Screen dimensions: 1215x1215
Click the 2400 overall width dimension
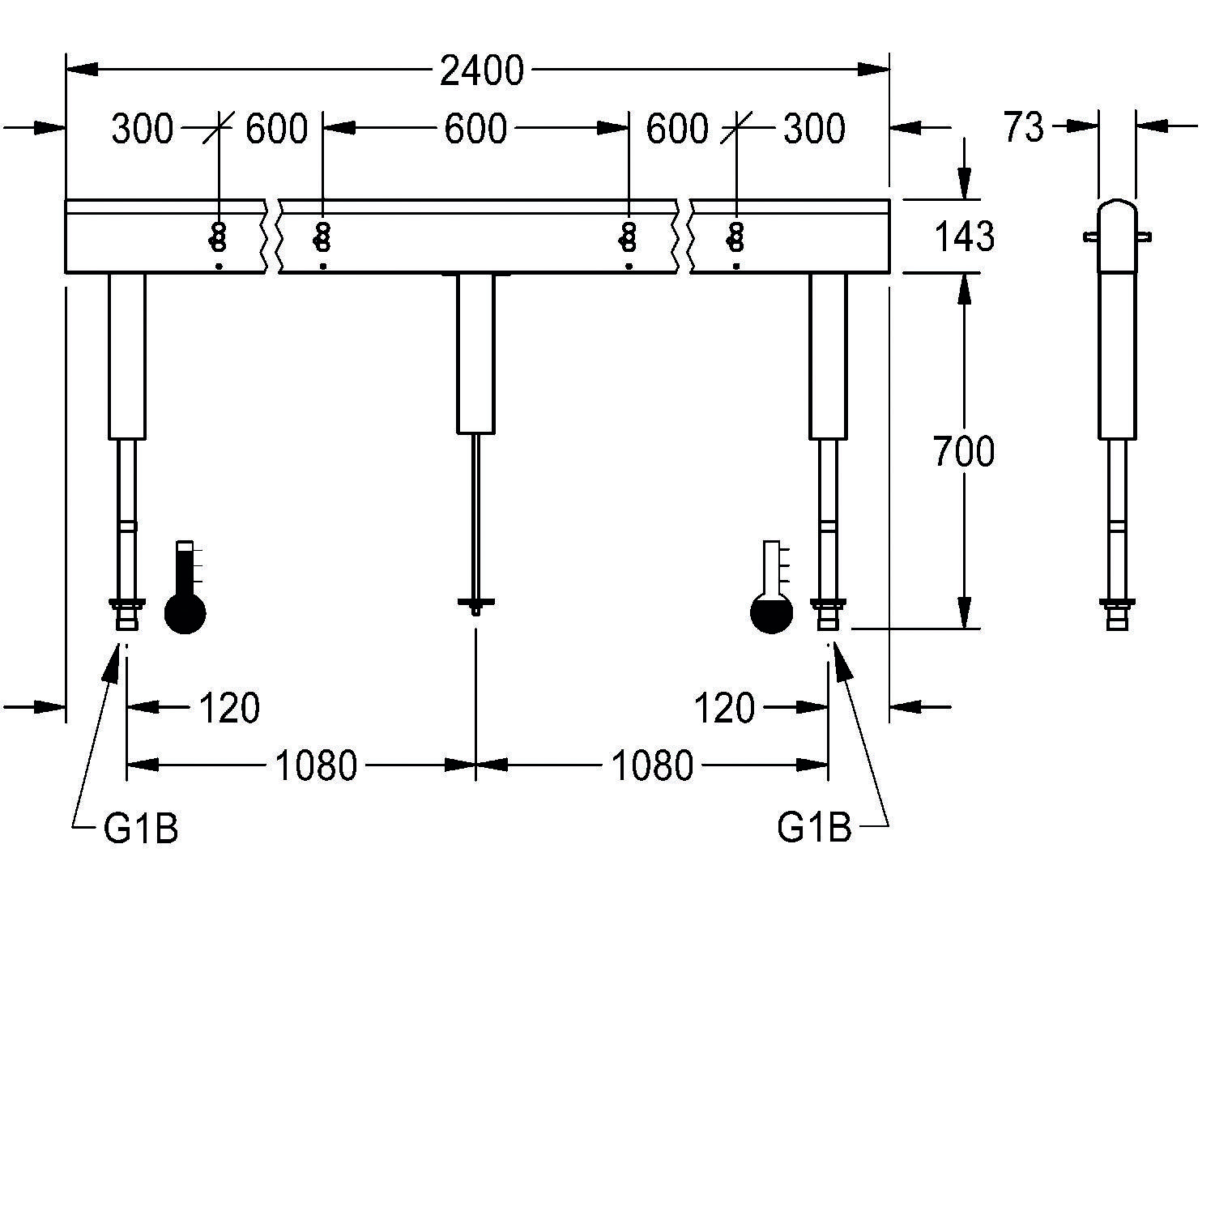[481, 71]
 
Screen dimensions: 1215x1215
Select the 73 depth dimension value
[1024, 127]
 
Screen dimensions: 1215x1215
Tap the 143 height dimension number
[964, 237]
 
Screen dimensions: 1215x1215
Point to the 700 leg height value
[963, 452]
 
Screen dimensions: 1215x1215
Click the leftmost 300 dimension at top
[143, 130]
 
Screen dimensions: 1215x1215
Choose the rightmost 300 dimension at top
[814, 130]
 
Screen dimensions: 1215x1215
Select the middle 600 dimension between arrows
[475, 130]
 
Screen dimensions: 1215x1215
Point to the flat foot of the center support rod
[475, 603]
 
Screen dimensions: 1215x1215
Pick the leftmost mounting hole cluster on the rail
[217, 237]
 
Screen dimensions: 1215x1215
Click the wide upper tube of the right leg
[828, 356]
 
